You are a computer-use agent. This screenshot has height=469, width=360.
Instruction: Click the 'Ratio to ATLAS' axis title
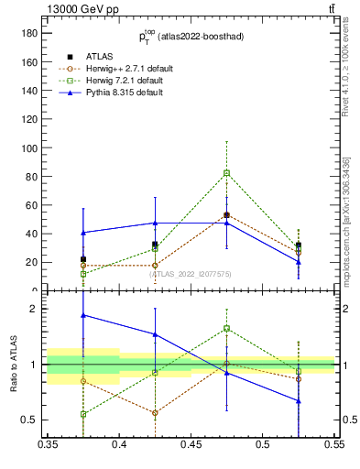click(x=14, y=364)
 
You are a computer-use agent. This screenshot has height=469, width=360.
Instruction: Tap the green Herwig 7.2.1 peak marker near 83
click(x=226, y=172)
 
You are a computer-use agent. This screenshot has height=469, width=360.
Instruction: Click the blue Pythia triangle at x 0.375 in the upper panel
click(x=83, y=233)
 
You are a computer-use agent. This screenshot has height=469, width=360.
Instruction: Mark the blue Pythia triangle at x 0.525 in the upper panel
click(x=299, y=261)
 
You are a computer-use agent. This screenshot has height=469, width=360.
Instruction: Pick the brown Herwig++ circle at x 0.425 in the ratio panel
click(x=155, y=412)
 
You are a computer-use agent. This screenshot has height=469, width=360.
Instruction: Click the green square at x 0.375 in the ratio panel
click(x=83, y=414)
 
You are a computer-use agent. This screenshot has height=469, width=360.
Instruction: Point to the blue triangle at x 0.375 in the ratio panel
click(x=83, y=315)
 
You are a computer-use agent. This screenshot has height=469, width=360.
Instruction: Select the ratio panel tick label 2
click(x=37, y=309)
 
